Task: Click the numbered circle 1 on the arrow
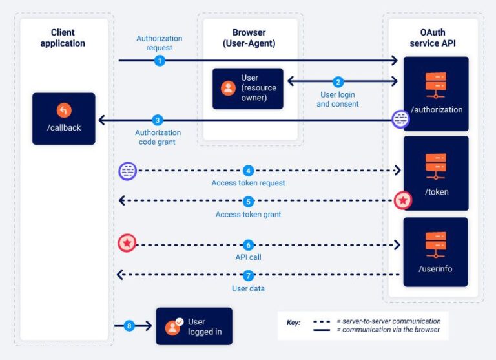[160, 61]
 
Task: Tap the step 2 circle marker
[338, 82]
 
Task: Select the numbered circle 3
[157, 120]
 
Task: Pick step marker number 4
[248, 171]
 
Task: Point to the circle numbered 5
[248, 201]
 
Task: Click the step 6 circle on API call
[248, 245]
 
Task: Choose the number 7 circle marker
[248, 276]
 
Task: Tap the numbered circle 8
[129, 326]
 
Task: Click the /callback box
[64, 118]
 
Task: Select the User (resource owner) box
[248, 89]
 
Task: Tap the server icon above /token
[436, 166]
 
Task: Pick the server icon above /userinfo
[436, 244]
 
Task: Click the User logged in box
[194, 326]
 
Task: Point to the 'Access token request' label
[248, 184]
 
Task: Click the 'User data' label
[248, 288]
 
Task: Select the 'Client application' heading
[63, 38]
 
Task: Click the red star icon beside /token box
[403, 201]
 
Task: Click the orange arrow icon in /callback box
[63, 110]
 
